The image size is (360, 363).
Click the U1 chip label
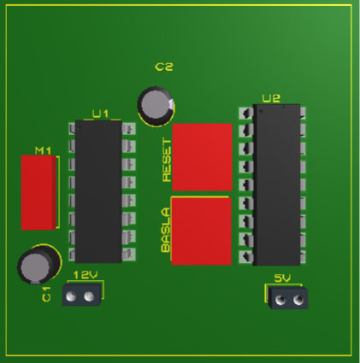click(x=101, y=114)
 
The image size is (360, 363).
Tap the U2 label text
click(x=271, y=98)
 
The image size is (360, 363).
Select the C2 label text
click(x=164, y=67)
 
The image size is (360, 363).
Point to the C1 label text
click(x=46, y=294)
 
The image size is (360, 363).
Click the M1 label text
click(x=43, y=150)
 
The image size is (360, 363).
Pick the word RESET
click(x=167, y=160)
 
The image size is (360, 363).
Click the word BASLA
click(x=166, y=230)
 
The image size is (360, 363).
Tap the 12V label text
click(x=86, y=275)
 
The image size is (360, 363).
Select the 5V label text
click(x=282, y=278)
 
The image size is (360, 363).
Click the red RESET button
click(x=202, y=157)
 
